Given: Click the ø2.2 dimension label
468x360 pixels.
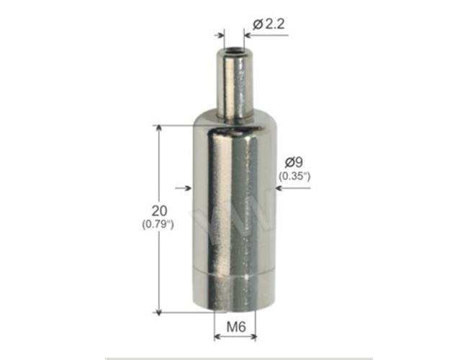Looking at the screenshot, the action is click(x=269, y=24).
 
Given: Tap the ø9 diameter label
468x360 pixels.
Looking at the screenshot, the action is click(x=294, y=163).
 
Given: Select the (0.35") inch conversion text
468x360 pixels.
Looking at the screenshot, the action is click(x=294, y=176).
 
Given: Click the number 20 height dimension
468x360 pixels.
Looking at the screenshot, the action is click(x=159, y=211).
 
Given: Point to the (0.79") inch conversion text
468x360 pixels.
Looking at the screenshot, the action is click(x=158, y=224).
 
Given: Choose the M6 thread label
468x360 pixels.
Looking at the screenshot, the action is click(x=236, y=327).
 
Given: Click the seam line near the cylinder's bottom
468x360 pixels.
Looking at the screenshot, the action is click(x=235, y=273).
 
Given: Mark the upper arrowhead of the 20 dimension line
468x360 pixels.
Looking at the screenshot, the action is click(x=159, y=128).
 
